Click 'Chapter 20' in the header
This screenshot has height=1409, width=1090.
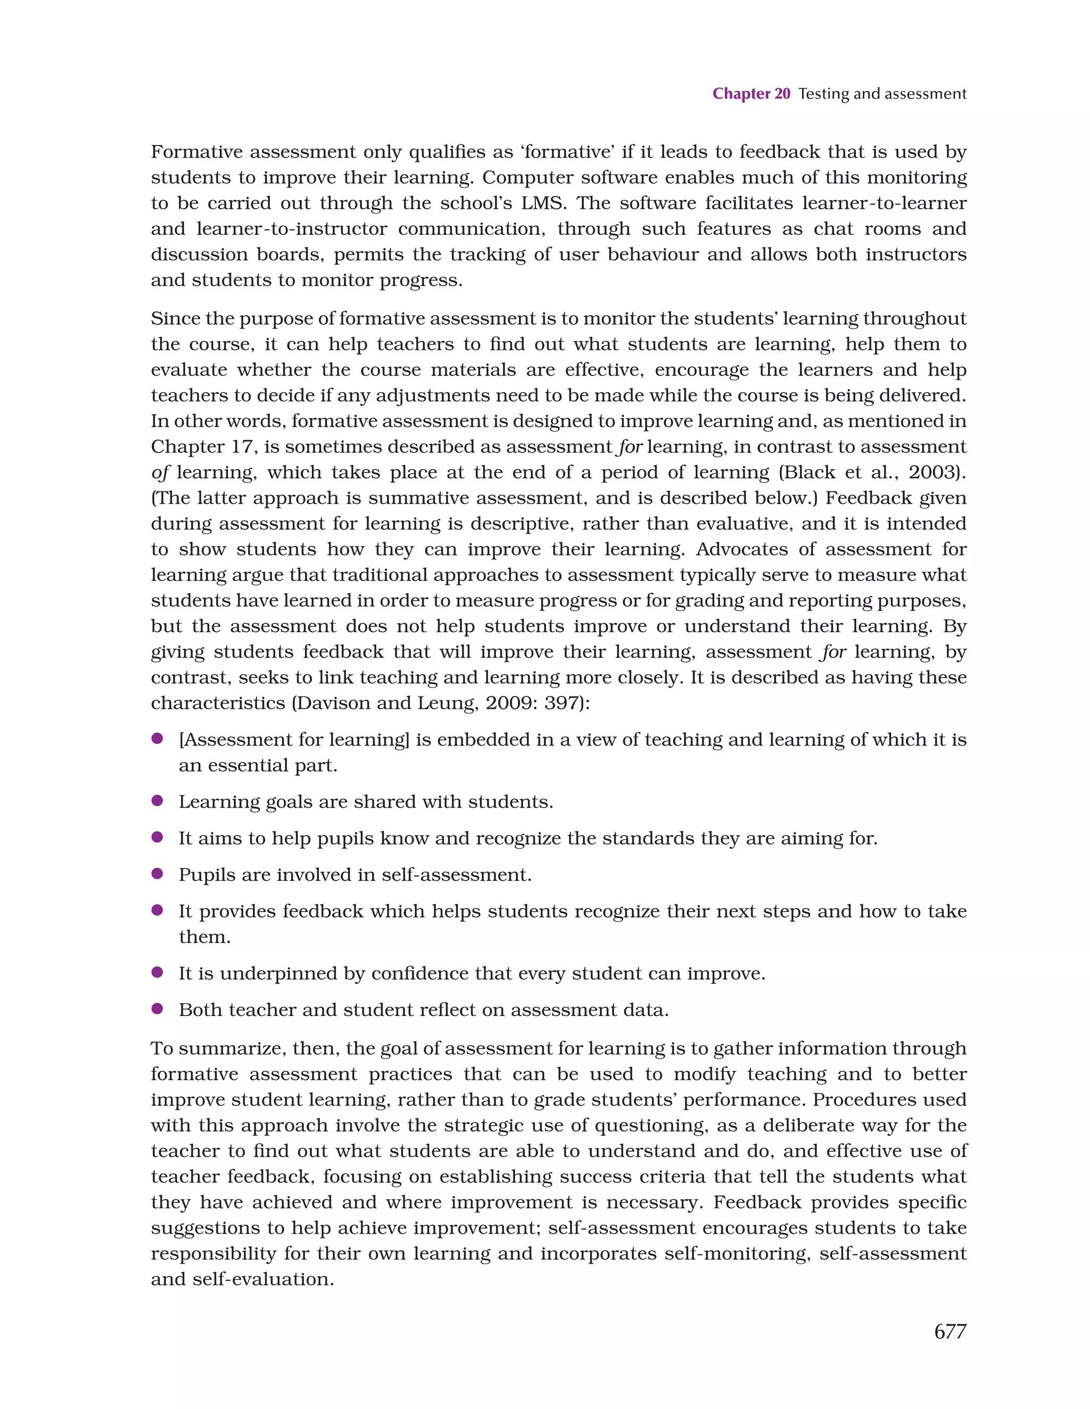(x=751, y=94)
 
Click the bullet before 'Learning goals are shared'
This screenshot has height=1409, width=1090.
(x=156, y=801)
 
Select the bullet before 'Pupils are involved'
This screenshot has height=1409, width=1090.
(x=156, y=873)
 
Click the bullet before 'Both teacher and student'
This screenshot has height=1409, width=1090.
(x=156, y=1009)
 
